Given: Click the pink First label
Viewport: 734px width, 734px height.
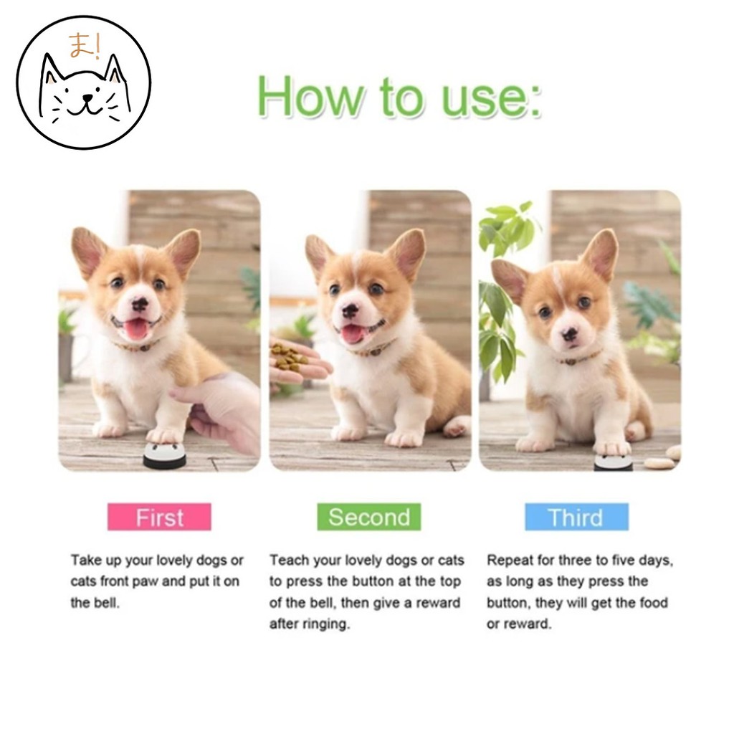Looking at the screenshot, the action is coord(159,517).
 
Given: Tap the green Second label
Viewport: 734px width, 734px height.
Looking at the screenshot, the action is coord(369,517).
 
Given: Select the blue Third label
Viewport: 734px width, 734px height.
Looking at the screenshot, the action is coord(576,517).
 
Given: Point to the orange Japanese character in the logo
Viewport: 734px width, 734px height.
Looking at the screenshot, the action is coord(79,46).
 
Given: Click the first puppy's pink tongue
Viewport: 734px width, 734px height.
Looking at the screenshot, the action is coord(136,329).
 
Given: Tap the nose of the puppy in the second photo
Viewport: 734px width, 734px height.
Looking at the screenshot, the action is coord(350,310).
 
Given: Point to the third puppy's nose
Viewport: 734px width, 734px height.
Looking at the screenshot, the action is coord(569,334).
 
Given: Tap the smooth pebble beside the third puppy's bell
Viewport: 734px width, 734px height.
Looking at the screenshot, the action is coord(661,464).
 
